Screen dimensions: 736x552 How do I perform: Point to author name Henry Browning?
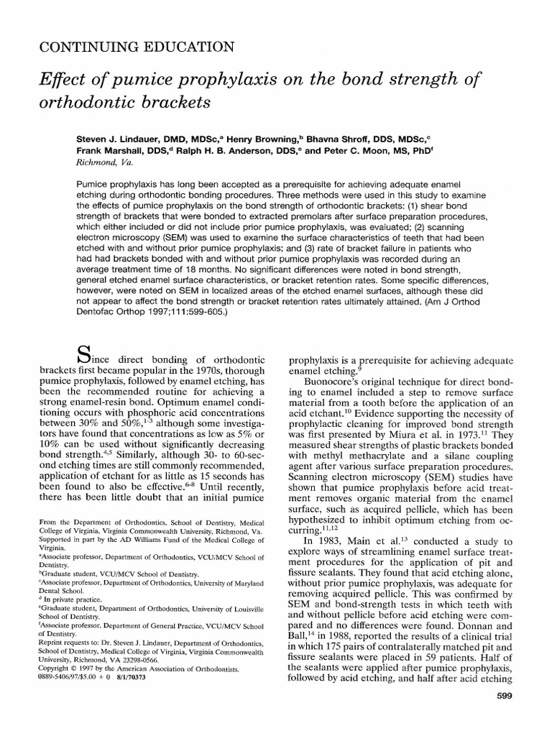(x=287, y=136)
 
